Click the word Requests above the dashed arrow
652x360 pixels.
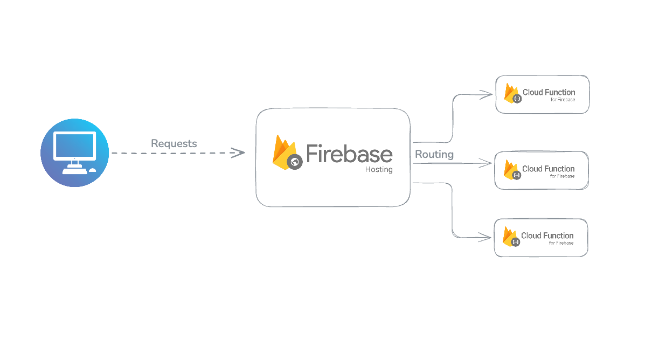tap(174, 143)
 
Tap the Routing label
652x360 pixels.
tap(434, 155)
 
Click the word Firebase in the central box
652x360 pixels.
tap(349, 154)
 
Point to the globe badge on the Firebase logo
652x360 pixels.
tap(295, 162)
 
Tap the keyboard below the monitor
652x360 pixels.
tap(74, 171)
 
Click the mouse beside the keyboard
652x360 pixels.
tap(92, 170)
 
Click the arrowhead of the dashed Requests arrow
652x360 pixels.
tap(238, 153)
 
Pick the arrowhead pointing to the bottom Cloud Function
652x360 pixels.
tap(487, 237)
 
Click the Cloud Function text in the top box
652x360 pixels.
tap(549, 92)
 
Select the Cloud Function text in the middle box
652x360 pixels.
tap(548, 169)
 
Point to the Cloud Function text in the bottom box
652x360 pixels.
tap(547, 236)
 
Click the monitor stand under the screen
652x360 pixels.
tap(74, 163)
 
